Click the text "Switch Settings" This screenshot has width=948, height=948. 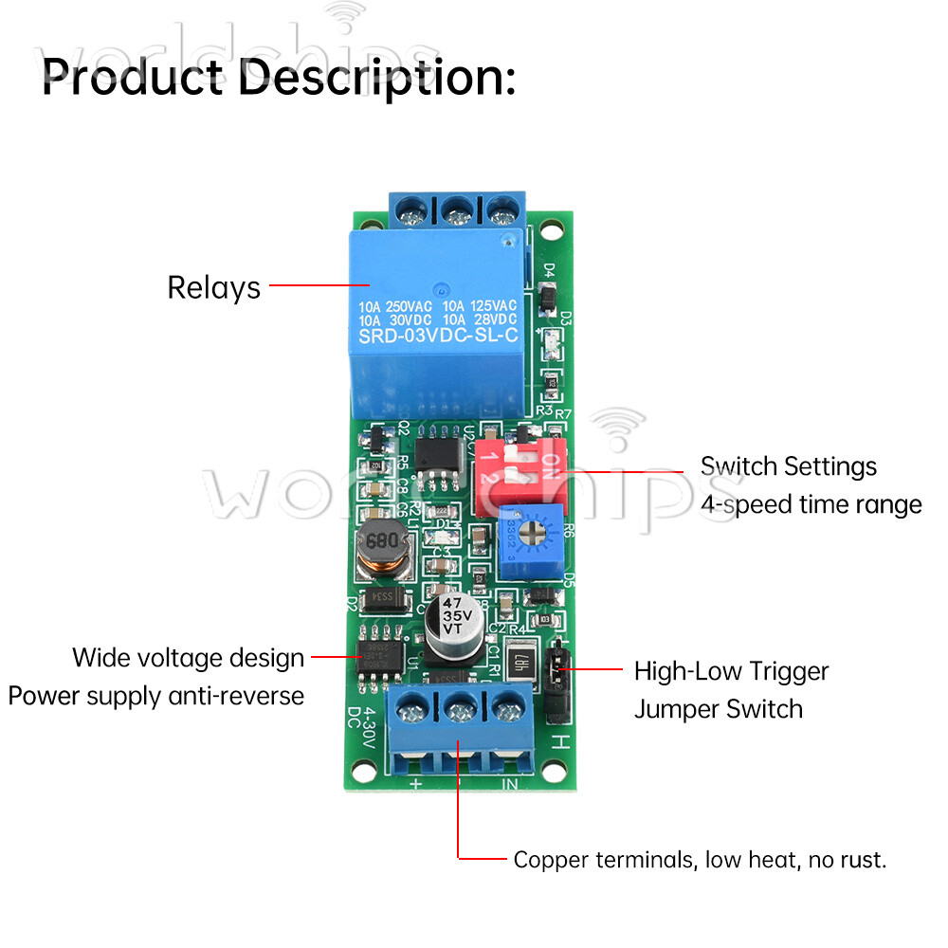[x=788, y=466]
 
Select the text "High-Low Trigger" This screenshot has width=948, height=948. [x=731, y=671]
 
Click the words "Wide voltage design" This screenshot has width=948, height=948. [x=188, y=657]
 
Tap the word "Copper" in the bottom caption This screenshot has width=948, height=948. [x=551, y=861]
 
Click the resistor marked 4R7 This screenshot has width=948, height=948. [x=520, y=664]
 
